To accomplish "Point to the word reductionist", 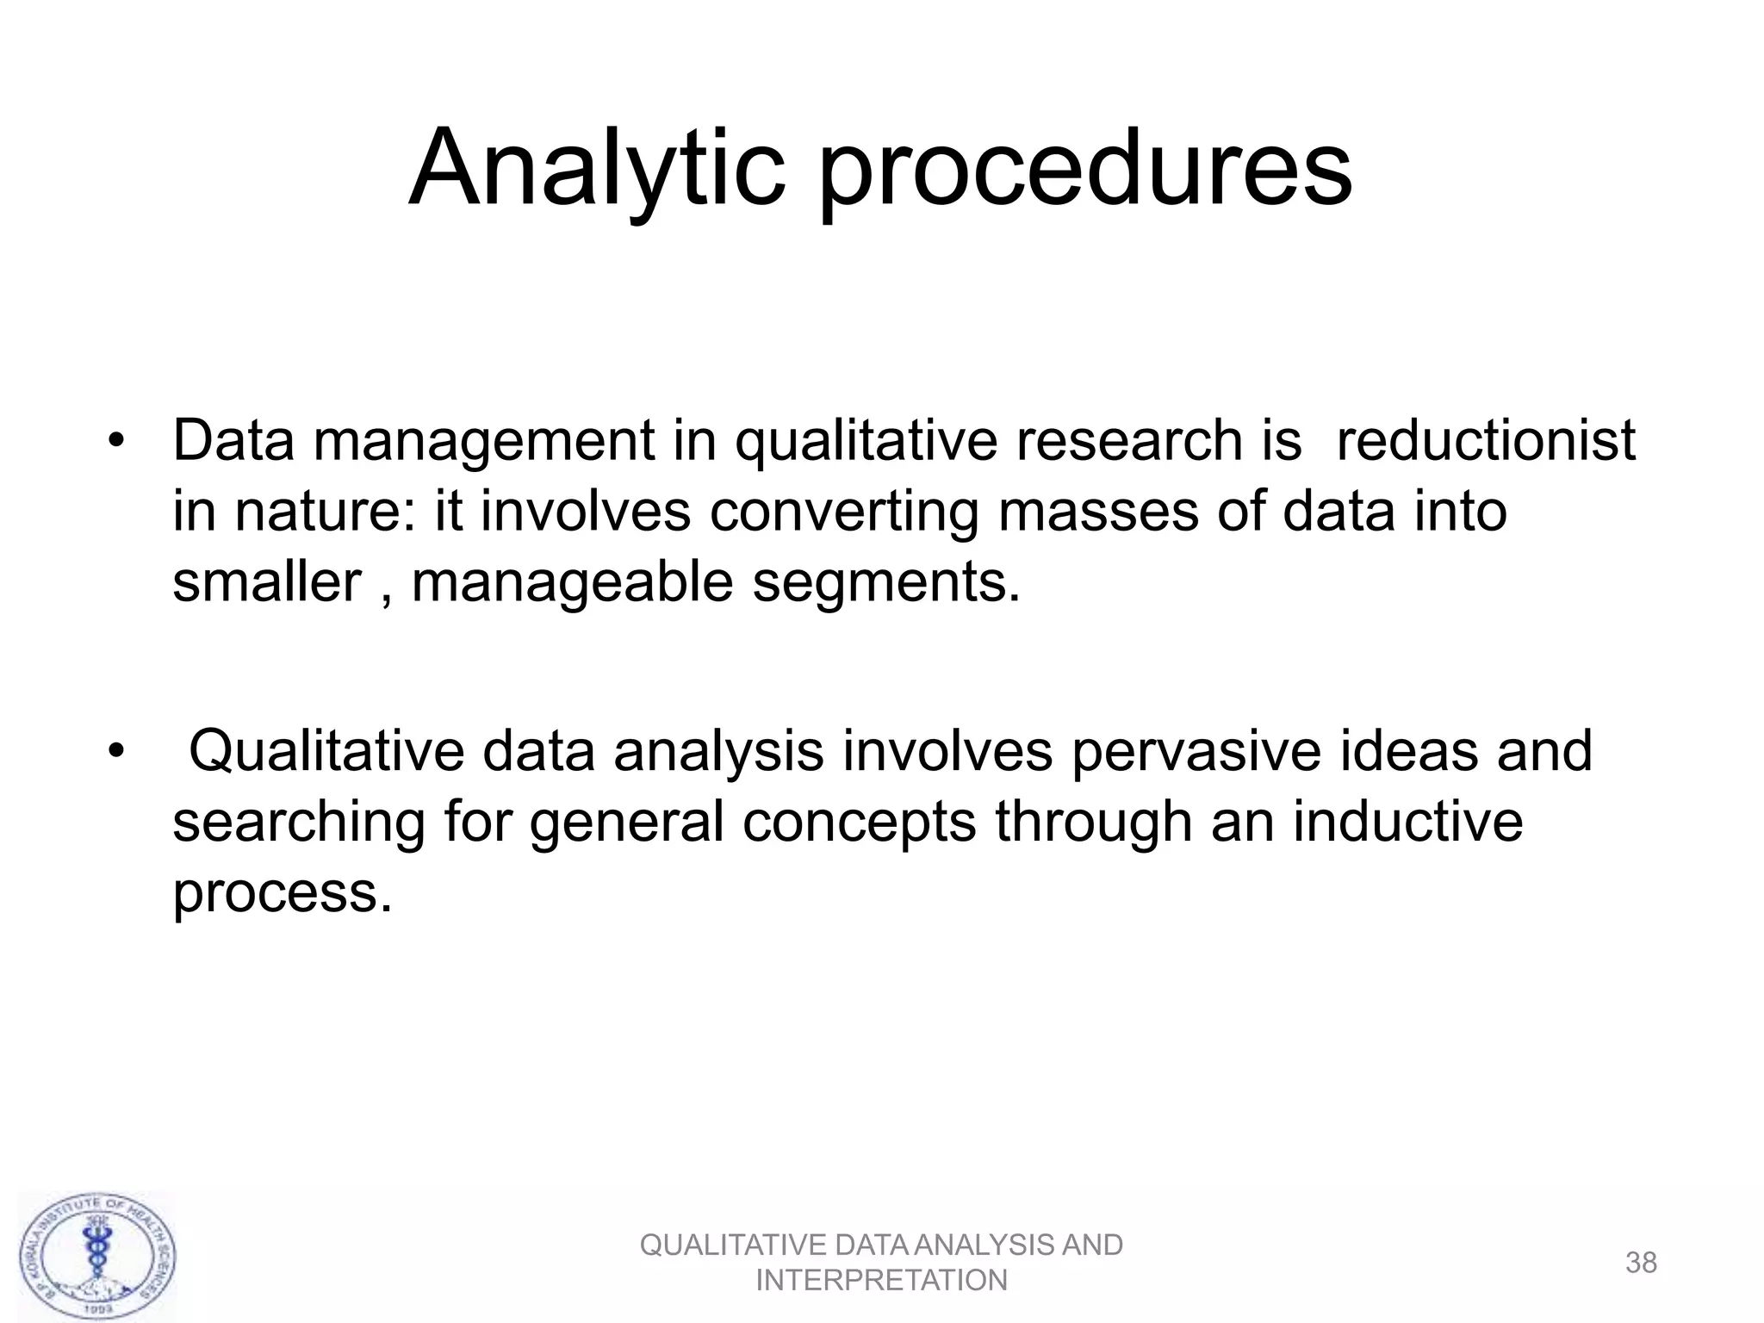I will click(x=1485, y=441).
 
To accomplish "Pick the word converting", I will click(x=844, y=512).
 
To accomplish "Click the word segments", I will click(x=885, y=583).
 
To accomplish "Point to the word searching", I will click(x=299, y=823).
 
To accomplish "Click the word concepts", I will click(x=859, y=823).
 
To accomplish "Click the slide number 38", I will click(x=1641, y=1263).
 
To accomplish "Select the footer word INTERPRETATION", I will click(x=881, y=1281).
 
